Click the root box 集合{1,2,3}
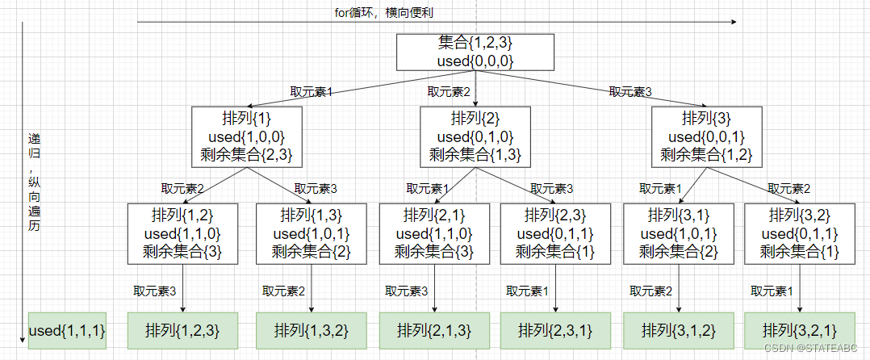(x=475, y=52)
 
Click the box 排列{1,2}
(x=182, y=233)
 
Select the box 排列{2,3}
(x=556, y=233)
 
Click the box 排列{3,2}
(x=799, y=233)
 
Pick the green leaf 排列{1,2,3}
(x=182, y=330)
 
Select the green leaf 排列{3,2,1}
(x=799, y=330)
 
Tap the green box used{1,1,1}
(x=67, y=330)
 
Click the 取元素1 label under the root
(x=312, y=92)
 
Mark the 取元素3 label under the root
(x=630, y=92)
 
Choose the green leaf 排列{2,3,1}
(x=556, y=330)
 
